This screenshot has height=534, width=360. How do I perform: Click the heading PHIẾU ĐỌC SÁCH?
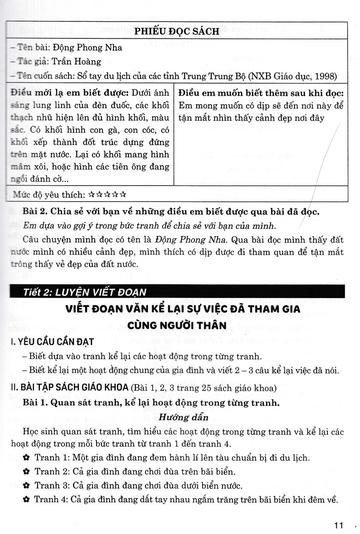[177, 31]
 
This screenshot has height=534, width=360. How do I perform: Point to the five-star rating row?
[108, 194]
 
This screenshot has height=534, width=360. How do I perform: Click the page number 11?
[339, 524]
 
